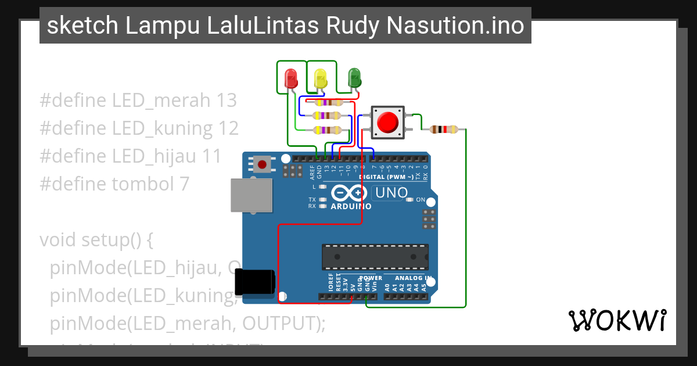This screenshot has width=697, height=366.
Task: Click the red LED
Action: point(291,78)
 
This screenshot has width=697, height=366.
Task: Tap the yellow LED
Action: point(320,78)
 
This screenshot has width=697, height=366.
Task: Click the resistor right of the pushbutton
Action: point(444,130)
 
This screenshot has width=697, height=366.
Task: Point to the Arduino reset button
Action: point(262,164)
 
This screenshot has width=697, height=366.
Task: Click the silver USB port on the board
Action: point(251,195)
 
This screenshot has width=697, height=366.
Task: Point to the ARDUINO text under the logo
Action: point(351,206)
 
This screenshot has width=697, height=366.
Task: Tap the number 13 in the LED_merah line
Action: point(226,101)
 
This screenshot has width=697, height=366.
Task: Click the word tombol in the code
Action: point(142,184)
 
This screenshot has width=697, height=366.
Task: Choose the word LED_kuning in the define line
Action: point(163,128)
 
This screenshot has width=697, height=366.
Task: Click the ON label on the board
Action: point(421,200)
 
